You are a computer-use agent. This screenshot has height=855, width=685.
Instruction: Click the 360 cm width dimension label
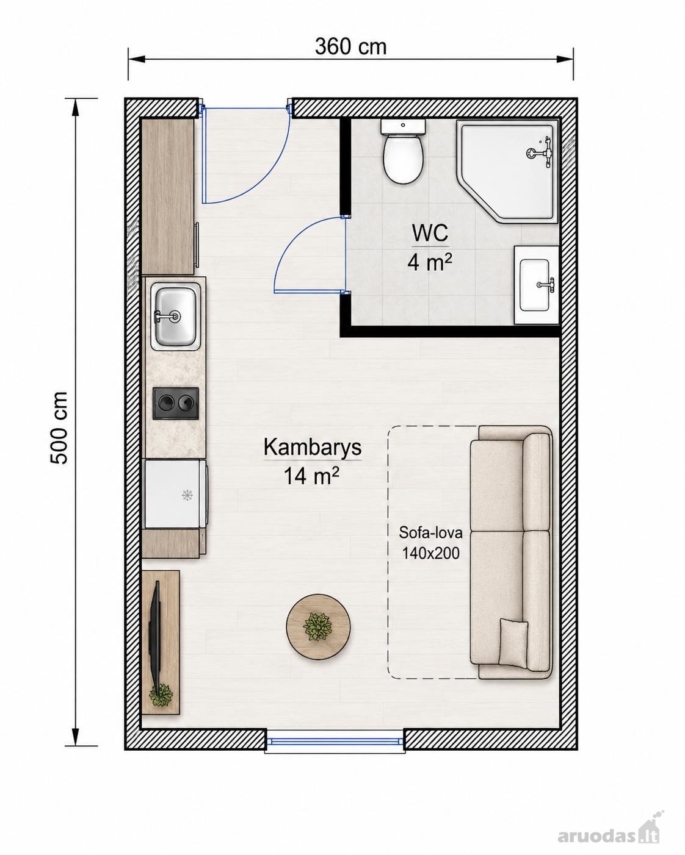350,47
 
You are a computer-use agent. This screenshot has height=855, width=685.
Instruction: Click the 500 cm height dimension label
60,428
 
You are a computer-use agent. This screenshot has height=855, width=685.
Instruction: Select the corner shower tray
508,171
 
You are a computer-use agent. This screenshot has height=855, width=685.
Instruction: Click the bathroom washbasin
536,284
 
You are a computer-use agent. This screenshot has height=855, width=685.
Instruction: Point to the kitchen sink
175,317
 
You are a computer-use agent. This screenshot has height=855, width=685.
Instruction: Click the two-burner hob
176,403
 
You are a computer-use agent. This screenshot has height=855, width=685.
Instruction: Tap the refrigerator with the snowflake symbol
175,494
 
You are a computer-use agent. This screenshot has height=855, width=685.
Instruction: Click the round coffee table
318,627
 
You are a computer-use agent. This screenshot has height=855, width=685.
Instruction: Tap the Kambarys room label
312,447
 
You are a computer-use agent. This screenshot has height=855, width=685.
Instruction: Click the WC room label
430,233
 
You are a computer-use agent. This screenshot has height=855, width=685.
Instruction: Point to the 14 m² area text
311,475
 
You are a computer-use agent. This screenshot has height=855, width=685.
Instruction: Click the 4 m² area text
430,262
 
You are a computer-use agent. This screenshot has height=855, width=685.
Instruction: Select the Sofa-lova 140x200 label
431,543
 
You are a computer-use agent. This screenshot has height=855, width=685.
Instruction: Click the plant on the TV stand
161,695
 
